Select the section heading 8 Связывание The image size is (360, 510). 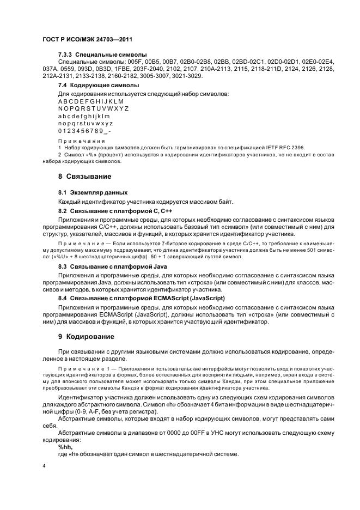(x=84, y=177)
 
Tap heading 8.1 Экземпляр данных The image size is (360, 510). (x=93, y=192)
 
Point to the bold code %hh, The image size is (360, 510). (x=65, y=446)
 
